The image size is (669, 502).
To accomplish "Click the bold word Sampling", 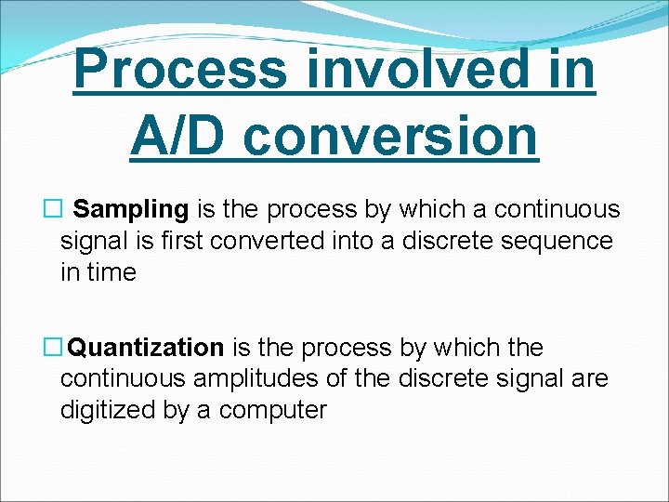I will click(131, 210).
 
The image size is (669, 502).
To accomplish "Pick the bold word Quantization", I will click(147, 348).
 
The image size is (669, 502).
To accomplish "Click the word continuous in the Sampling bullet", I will click(557, 210).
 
